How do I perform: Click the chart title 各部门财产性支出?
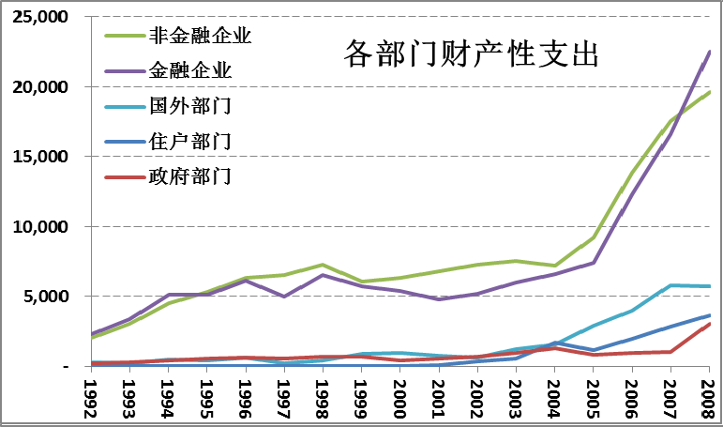tap(471, 53)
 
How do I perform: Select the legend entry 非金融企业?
tap(201, 37)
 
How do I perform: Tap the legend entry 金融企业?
tap(190, 71)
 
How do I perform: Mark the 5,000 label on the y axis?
tap(48, 297)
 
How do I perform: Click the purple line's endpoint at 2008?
tap(709, 53)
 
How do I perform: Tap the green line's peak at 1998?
tap(323, 265)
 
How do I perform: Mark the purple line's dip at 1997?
tap(284, 297)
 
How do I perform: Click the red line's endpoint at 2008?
tap(709, 324)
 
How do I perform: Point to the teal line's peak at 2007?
tap(670, 285)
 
